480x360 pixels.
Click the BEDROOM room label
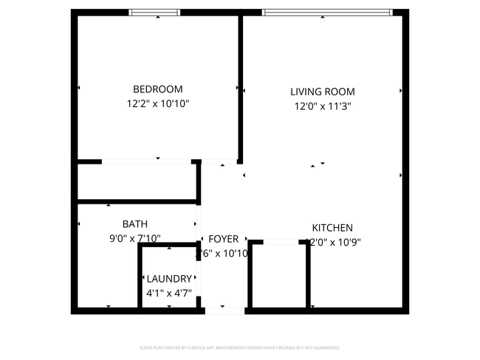coord(157,89)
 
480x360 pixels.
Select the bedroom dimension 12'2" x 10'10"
coord(157,105)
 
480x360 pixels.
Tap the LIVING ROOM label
coord(322,92)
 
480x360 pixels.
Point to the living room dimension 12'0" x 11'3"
coord(322,107)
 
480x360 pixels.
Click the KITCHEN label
coord(332,228)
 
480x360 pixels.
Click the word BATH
coord(134,224)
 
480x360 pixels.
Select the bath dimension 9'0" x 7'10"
coord(134,238)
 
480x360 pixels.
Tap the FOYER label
coord(223,239)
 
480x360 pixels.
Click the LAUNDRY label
coord(169,279)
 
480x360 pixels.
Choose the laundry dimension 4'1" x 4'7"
coord(169,293)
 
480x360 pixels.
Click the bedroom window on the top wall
coord(154,12)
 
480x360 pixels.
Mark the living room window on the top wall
coord(327,12)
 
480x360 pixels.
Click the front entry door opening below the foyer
coord(224,310)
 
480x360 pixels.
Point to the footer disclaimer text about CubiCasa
coord(240,347)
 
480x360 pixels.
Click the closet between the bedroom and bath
coord(137,181)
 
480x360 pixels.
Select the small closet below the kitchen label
coord(279,274)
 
